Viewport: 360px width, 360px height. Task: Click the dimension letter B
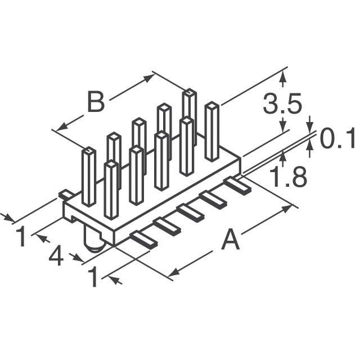(96, 102)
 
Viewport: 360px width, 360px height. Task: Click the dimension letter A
(231, 241)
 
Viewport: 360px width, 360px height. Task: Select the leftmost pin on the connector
(88, 177)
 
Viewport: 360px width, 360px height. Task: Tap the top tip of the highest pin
(190, 92)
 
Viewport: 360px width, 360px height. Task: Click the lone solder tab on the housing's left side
(66, 194)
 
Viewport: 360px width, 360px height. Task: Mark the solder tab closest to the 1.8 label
(237, 185)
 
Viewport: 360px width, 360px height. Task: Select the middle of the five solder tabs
(190, 213)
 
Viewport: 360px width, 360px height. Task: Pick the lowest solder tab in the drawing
(143, 239)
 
